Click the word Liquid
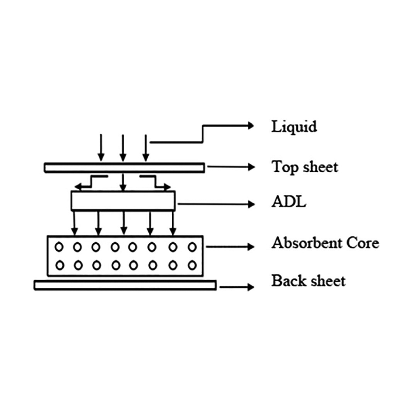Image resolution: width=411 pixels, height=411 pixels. point(294,127)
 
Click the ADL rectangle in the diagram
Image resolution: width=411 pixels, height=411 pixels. point(123,201)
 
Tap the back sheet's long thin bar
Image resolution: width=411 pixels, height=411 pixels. point(125,285)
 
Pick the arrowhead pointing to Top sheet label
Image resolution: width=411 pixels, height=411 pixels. point(251,167)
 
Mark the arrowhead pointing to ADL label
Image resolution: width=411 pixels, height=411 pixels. point(251,203)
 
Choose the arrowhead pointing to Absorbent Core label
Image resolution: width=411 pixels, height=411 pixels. point(251,247)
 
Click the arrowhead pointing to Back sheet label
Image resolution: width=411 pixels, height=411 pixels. point(251,286)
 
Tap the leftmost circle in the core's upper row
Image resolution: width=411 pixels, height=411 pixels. point(59,247)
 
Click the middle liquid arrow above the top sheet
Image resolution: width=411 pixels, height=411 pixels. point(122,148)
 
